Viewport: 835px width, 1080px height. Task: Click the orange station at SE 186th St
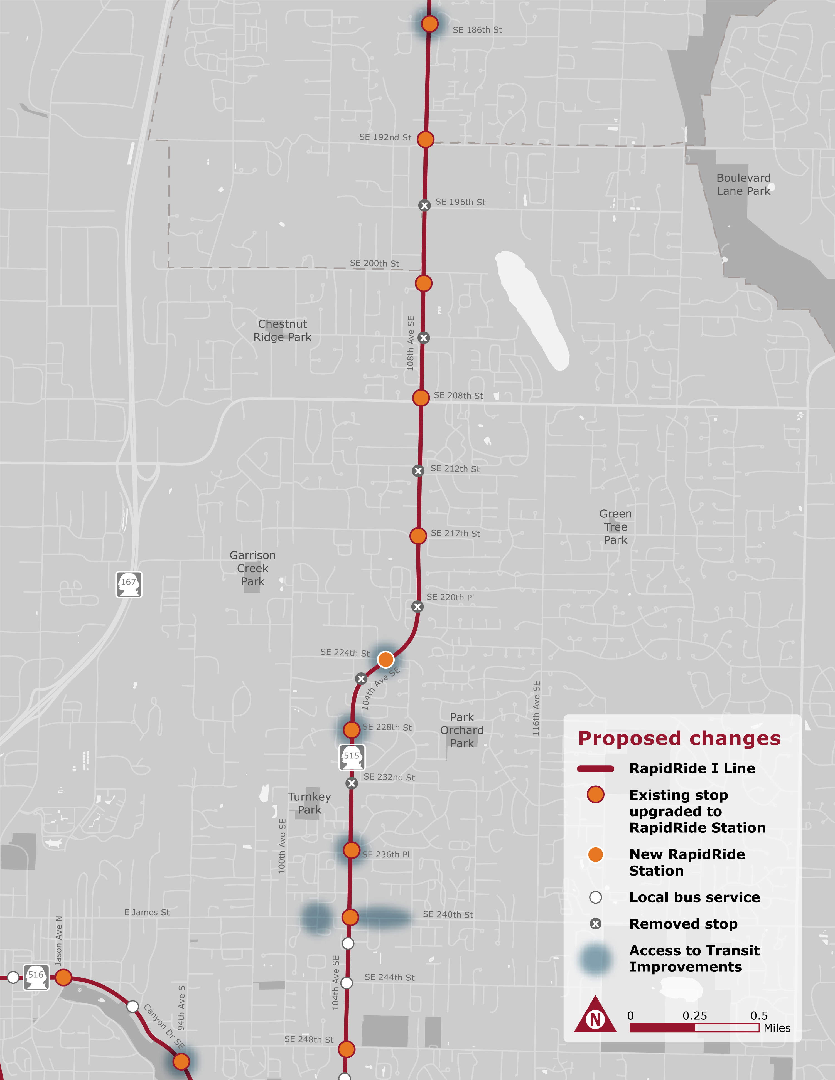click(x=429, y=23)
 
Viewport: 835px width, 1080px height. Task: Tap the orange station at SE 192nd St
click(x=425, y=139)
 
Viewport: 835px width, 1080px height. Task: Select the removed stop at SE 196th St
click(x=424, y=205)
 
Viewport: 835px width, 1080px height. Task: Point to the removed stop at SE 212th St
click(x=418, y=471)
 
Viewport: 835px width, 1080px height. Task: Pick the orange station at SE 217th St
click(x=418, y=536)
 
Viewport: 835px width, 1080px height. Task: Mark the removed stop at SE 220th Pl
click(x=417, y=607)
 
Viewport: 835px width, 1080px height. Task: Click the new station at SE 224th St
click(x=385, y=659)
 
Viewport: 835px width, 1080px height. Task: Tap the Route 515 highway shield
click(x=352, y=757)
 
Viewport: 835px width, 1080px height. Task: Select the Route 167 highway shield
click(x=129, y=585)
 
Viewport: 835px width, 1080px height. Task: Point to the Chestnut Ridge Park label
click(x=283, y=330)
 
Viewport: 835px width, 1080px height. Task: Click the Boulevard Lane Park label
click(x=743, y=184)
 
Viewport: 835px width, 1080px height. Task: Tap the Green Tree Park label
click(x=615, y=527)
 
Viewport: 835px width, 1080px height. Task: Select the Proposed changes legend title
click(x=679, y=738)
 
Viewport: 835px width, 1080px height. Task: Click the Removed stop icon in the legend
click(x=596, y=924)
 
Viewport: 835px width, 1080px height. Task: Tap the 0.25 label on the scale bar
click(x=694, y=1015)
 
